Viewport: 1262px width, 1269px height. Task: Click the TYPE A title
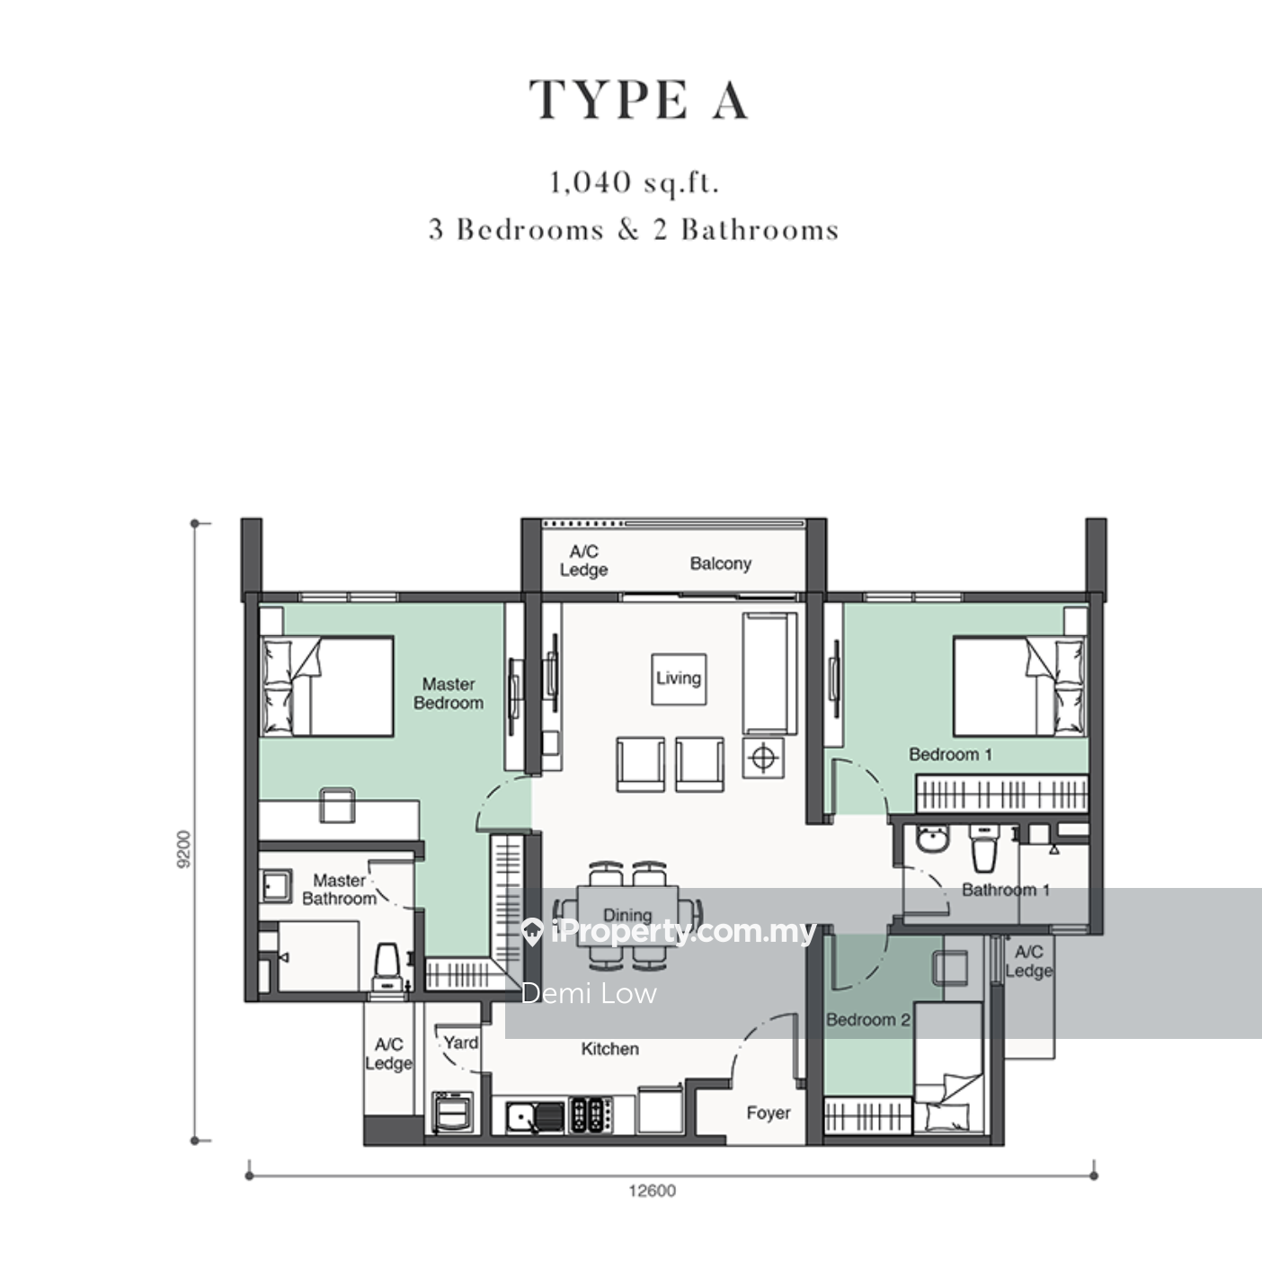(639, 100)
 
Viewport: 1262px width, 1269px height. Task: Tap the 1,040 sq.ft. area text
(635, 182)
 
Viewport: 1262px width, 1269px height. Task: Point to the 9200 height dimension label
(184, 849)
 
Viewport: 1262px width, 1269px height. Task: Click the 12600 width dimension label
(652, 1191)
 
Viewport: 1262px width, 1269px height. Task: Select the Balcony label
(721, 564)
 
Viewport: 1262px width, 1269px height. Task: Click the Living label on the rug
(679, 679)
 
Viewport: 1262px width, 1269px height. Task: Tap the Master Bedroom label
(449, 694)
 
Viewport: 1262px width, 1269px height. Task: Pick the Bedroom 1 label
(950, 755)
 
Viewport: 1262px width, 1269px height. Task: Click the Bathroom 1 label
(1006, 891)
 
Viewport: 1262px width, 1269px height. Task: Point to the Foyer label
(768, 1113)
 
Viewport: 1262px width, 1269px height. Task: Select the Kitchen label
(610, 1049)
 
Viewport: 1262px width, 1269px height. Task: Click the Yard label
(460, 1043)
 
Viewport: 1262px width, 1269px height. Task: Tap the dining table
(627, 917)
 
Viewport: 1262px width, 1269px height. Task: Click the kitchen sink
(535, 1116)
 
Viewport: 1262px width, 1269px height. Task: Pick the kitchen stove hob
(591, 1115)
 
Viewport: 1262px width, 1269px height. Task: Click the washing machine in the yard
(452, 1112)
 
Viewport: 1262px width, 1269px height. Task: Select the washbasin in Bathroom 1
(933, 839)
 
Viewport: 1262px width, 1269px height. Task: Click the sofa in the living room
(769, 673)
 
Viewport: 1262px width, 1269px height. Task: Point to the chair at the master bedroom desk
(337, 804)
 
